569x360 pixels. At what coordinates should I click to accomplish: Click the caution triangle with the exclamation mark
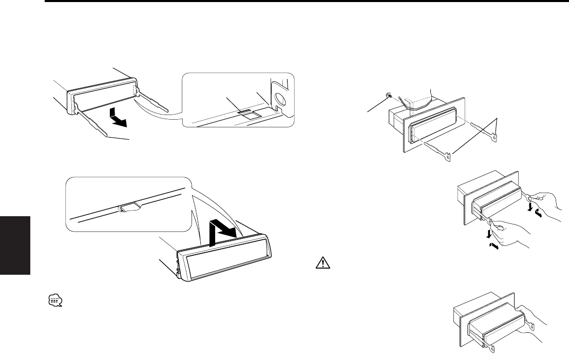point(319,264)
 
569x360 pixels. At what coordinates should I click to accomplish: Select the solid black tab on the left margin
point(15,245)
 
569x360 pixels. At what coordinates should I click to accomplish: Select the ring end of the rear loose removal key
point(496,136)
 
